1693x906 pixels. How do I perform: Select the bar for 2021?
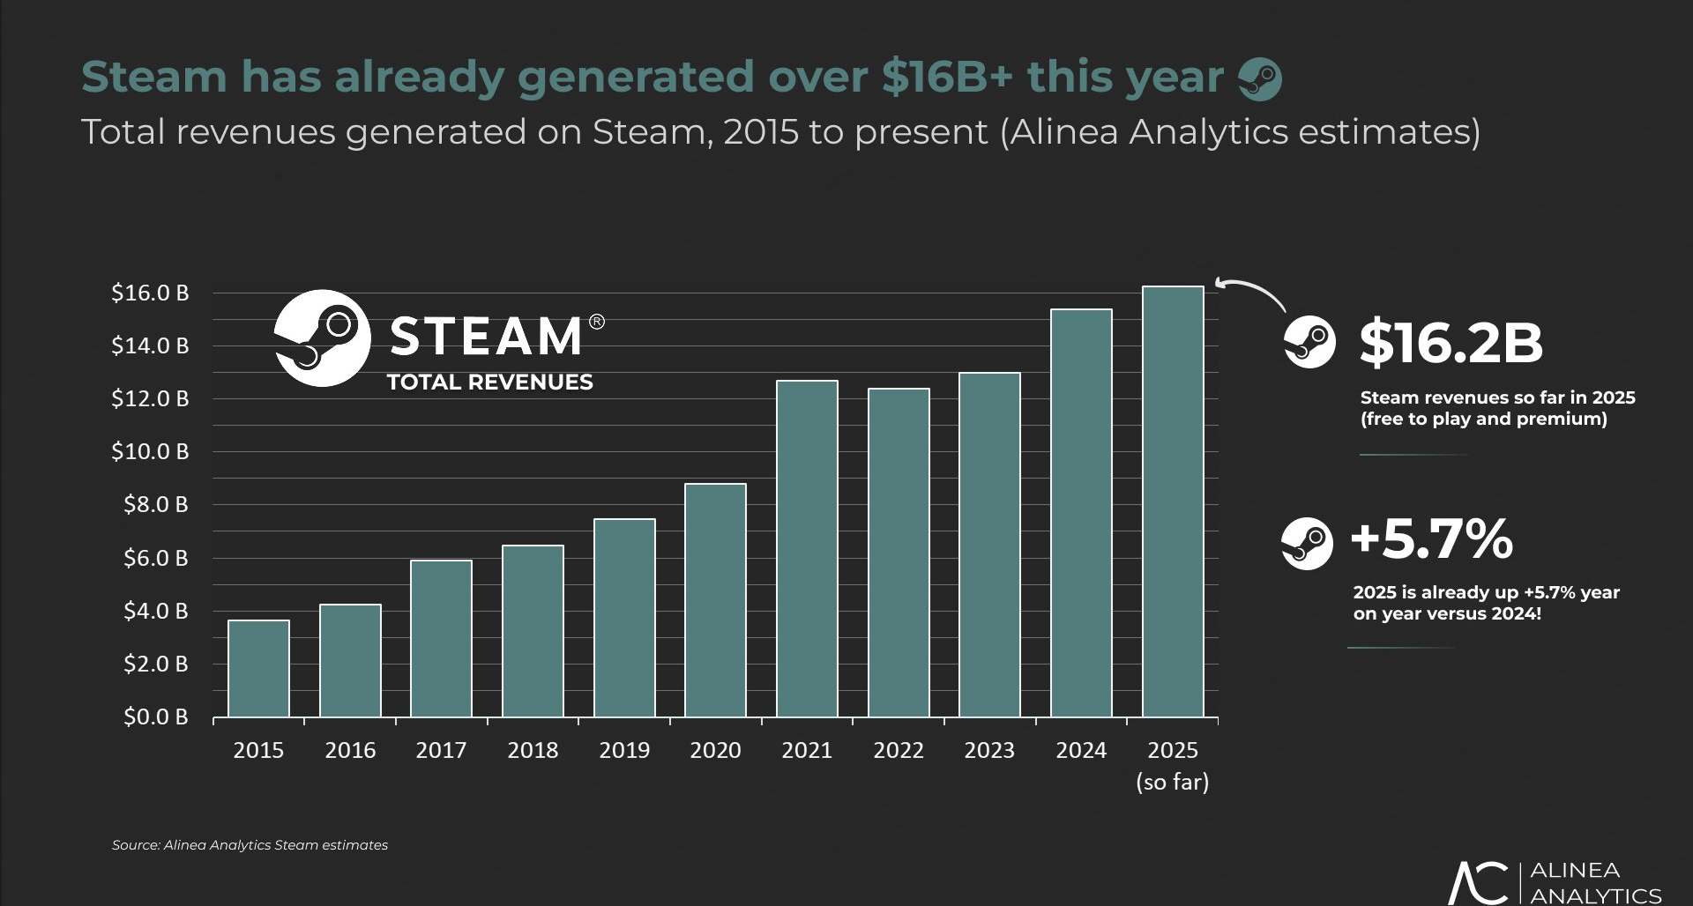pos(807,548)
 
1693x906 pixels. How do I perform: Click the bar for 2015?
pos(258,668)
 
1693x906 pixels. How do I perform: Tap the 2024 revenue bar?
pos(1081,513)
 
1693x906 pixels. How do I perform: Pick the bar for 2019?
pos(624,617)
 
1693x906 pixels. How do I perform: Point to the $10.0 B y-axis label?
pos(150,451)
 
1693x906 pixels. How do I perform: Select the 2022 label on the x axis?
pos(898,750)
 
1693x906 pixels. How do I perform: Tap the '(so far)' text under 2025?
pos(1172,782)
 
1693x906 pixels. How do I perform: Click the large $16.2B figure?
pos(1451,343)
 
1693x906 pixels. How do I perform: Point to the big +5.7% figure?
pos(1432,539)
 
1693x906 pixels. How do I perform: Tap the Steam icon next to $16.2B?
pos(1309,342)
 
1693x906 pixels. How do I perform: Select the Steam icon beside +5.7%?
pos(1307,543)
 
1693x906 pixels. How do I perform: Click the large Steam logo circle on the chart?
pos(322,338)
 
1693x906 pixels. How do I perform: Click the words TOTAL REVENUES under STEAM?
pos(489,382)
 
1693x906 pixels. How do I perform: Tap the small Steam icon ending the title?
pos(1260,79)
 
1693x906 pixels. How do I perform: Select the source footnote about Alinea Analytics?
pos(250,845)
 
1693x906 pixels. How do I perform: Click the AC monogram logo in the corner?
pos(1478,883)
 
